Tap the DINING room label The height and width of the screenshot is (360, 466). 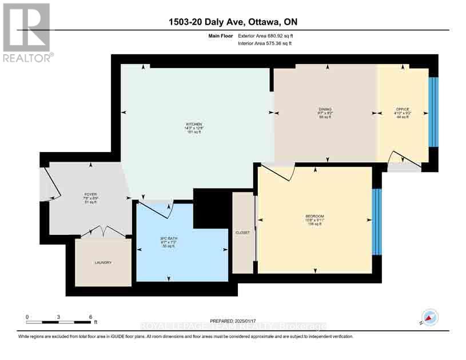tap(325, 109)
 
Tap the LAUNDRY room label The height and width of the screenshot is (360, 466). tap(103, 262)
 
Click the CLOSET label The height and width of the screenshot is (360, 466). tap(243, 233)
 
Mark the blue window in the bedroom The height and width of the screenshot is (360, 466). tap(376, 222)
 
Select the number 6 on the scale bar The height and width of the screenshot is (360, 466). tap(90, 317)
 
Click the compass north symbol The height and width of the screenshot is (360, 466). tap(430, 318)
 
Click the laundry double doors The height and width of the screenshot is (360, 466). tap(102, 231)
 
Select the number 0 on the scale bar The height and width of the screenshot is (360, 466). tap(27, 317)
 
